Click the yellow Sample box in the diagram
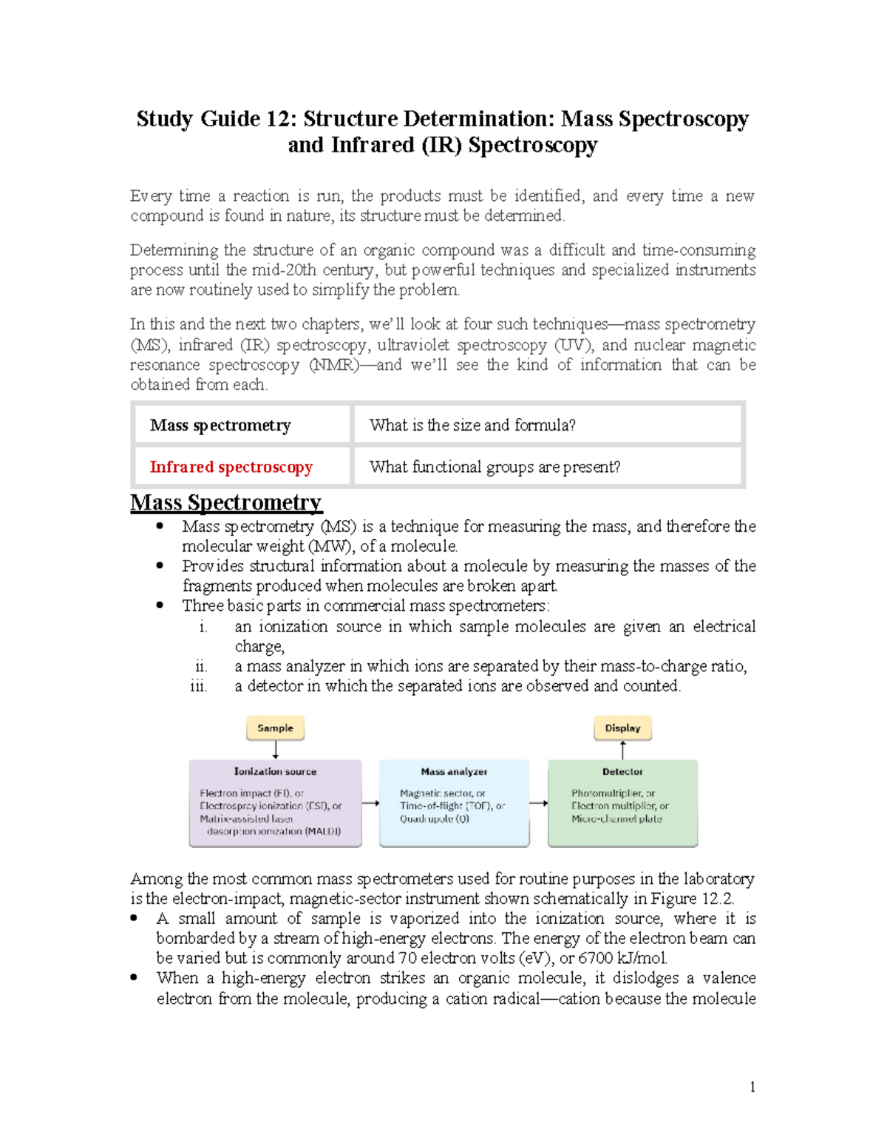point(275,728)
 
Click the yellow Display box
point(622,728)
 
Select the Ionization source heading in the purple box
point(275,771)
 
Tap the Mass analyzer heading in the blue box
point(454,771)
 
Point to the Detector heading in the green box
point(622,771)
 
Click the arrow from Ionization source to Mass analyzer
point(370,804)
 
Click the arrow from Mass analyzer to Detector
point(539,804)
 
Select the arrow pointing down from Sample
point(276,750)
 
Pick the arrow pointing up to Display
point(623,750)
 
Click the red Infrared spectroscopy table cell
point(231,467)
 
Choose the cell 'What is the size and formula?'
point(472,425)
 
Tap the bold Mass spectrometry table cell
point(220,425)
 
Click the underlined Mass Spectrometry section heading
point(225,502)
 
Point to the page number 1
point(752,1086)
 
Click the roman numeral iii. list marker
point(199,686)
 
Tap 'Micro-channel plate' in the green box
point(616,819)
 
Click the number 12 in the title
point(282,120)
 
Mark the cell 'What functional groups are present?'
point(495,467)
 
